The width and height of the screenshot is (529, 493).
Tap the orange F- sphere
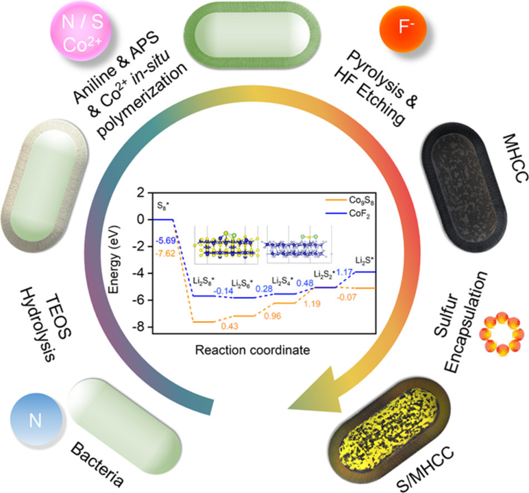pyautogui.click(x=403, y=29)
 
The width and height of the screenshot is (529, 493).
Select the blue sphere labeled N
pyautogui.click(x=36, y=420)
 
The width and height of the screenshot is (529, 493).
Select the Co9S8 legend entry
pyautogui.click(x=350, y=201)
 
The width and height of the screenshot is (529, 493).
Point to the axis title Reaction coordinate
pyautogui.click(x=252, y=350)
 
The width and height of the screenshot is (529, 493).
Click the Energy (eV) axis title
pyautogui.click(x=114, y=260)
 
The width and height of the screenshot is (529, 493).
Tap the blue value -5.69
pyautogui.click(x=166, y=241)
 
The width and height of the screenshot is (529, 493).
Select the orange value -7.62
pyautogui.click(x=165, y=253)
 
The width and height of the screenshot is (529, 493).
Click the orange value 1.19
pyautogui.click(x=312, y=304)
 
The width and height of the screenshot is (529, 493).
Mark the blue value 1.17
pyautogui.click(x=345, y=272)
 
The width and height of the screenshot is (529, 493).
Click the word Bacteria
pyautogui.click(x=97, y=464)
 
